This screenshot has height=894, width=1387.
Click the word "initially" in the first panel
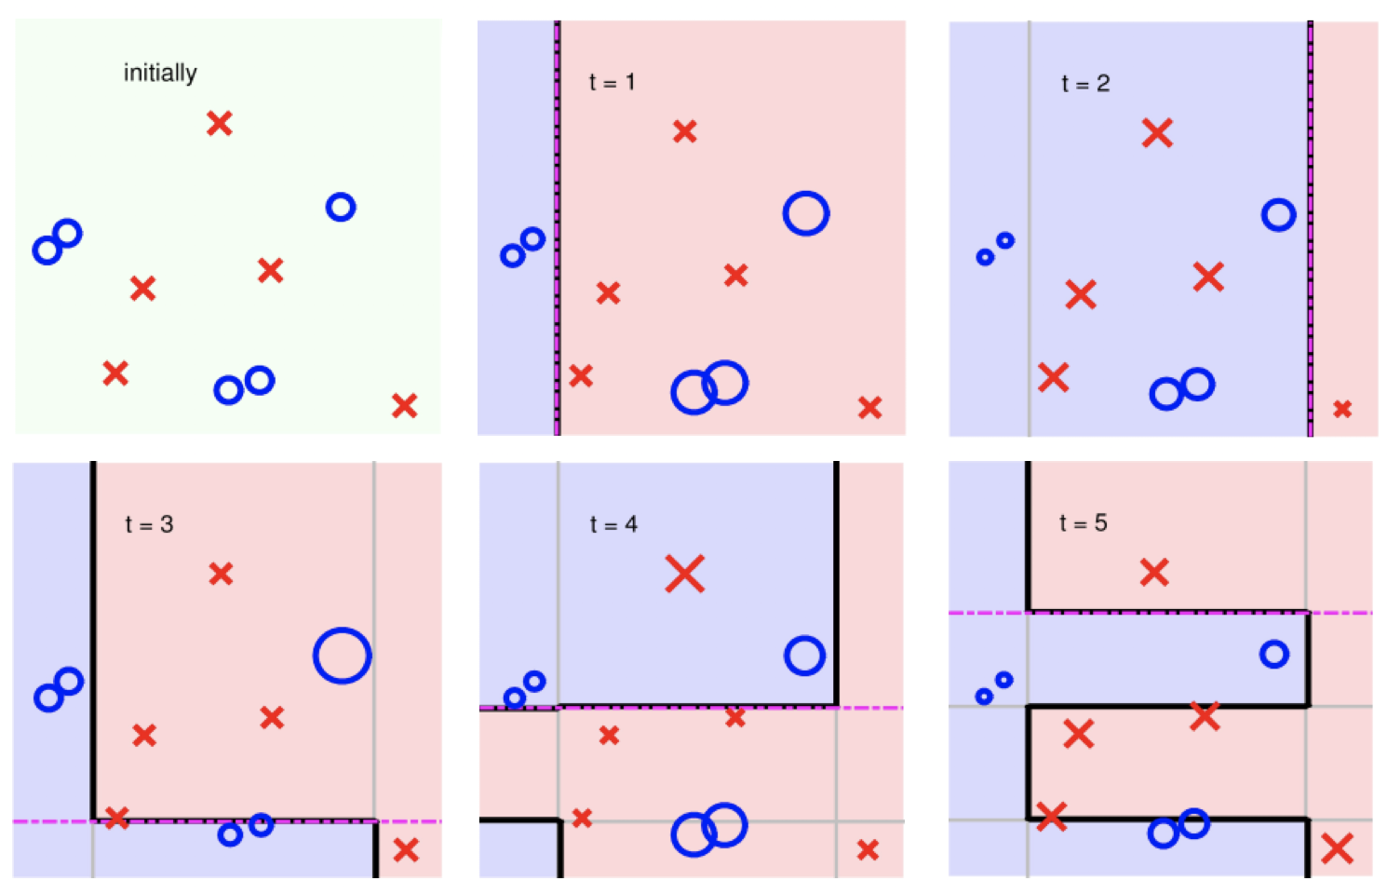click(160, 73)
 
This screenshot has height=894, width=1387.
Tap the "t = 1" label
click(612, 83)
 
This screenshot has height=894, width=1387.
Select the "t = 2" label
click(1085, 84)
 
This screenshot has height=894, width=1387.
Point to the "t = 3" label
click(149, 524)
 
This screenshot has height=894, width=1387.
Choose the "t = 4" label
click(613, 524)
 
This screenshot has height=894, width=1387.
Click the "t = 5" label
click(1083, 523)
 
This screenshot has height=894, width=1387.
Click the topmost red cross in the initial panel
click(220, 123)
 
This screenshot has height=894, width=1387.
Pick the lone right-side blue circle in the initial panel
click(341, 207)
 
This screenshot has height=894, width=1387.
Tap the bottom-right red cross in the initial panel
click(405, 406)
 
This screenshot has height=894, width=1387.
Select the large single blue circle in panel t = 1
click(806, 214)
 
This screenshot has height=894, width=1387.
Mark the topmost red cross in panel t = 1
click(685, 132)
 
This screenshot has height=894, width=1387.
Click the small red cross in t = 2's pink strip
click(1342, 409)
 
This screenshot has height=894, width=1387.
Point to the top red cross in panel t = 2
click(1157, 133)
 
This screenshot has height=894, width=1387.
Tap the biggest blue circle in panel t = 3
click(343, 656)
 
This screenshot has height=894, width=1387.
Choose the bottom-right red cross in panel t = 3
click(406, 850)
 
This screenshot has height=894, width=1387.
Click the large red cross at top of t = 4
click(685, 574)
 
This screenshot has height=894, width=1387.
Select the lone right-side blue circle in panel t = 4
click(805, 656)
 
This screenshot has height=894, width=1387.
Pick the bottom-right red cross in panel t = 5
click(1337, 848)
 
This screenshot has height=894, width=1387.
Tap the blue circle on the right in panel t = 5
click(1274, 654)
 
